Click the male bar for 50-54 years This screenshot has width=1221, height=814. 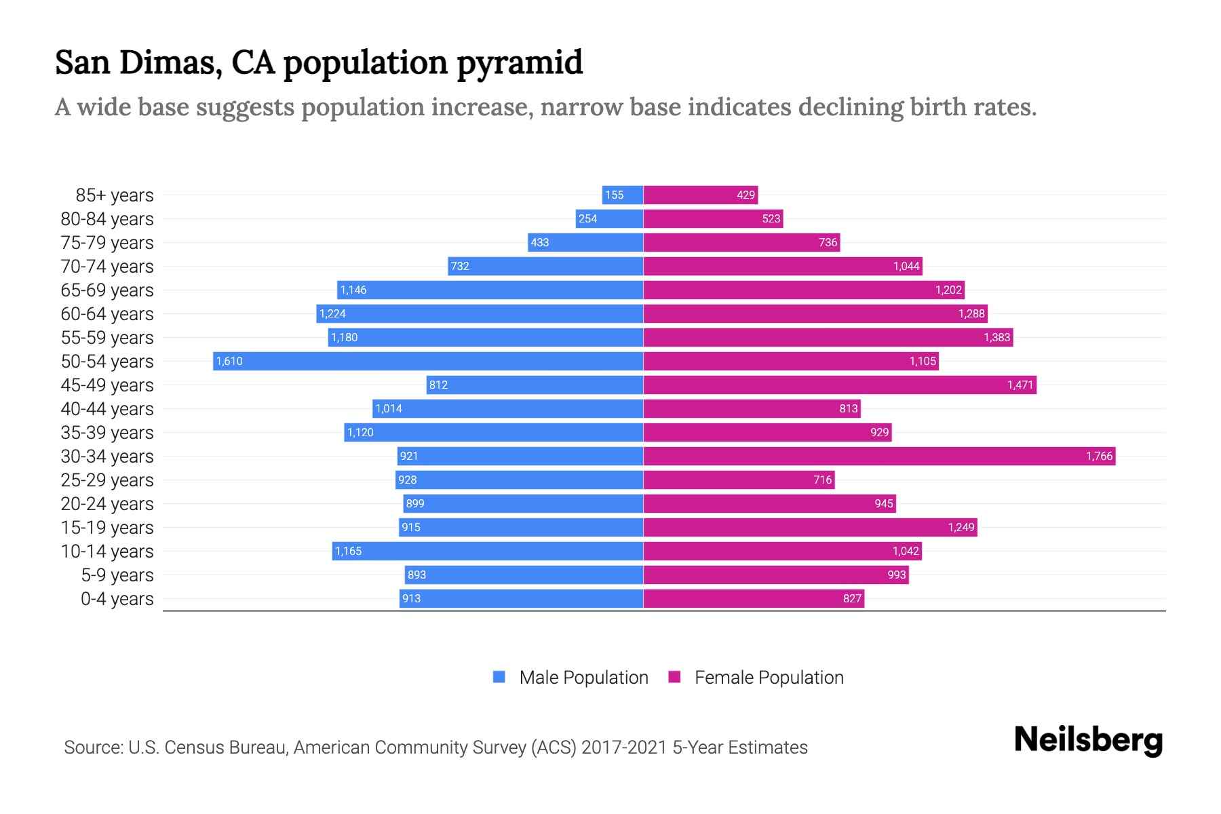(427, 361)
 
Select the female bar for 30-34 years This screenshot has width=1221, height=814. (879, 456)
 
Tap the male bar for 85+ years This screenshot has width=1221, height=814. (622, 195)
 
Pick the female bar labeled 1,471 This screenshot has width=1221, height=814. (840, 385)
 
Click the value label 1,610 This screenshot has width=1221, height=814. (229, 361)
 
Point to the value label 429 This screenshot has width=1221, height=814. (745, 195)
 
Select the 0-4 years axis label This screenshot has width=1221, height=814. (117, 599)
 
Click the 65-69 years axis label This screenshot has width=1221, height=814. (107, 290)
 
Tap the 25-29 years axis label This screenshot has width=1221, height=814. (107, 480)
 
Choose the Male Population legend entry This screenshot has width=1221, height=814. (583, 678)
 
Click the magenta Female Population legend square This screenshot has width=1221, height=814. (674, 677)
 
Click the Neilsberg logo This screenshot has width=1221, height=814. (1088, 740)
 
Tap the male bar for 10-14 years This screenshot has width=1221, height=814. (487, 551)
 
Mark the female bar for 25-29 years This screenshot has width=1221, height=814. (739, 480)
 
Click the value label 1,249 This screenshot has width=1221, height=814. (961, 527)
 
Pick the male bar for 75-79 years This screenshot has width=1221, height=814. (585, 242)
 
